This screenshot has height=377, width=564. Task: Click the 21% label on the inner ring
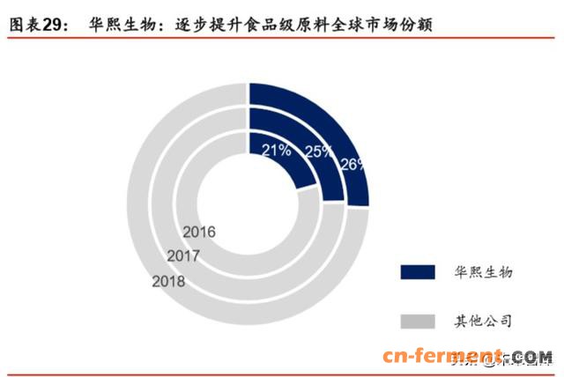click(277, 150)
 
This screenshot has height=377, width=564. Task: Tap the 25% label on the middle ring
click(318, 152)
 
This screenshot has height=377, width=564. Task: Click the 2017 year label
click(183, 256)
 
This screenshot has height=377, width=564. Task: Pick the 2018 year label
click(168, 282)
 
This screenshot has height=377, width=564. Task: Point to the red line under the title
click(282, 40)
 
